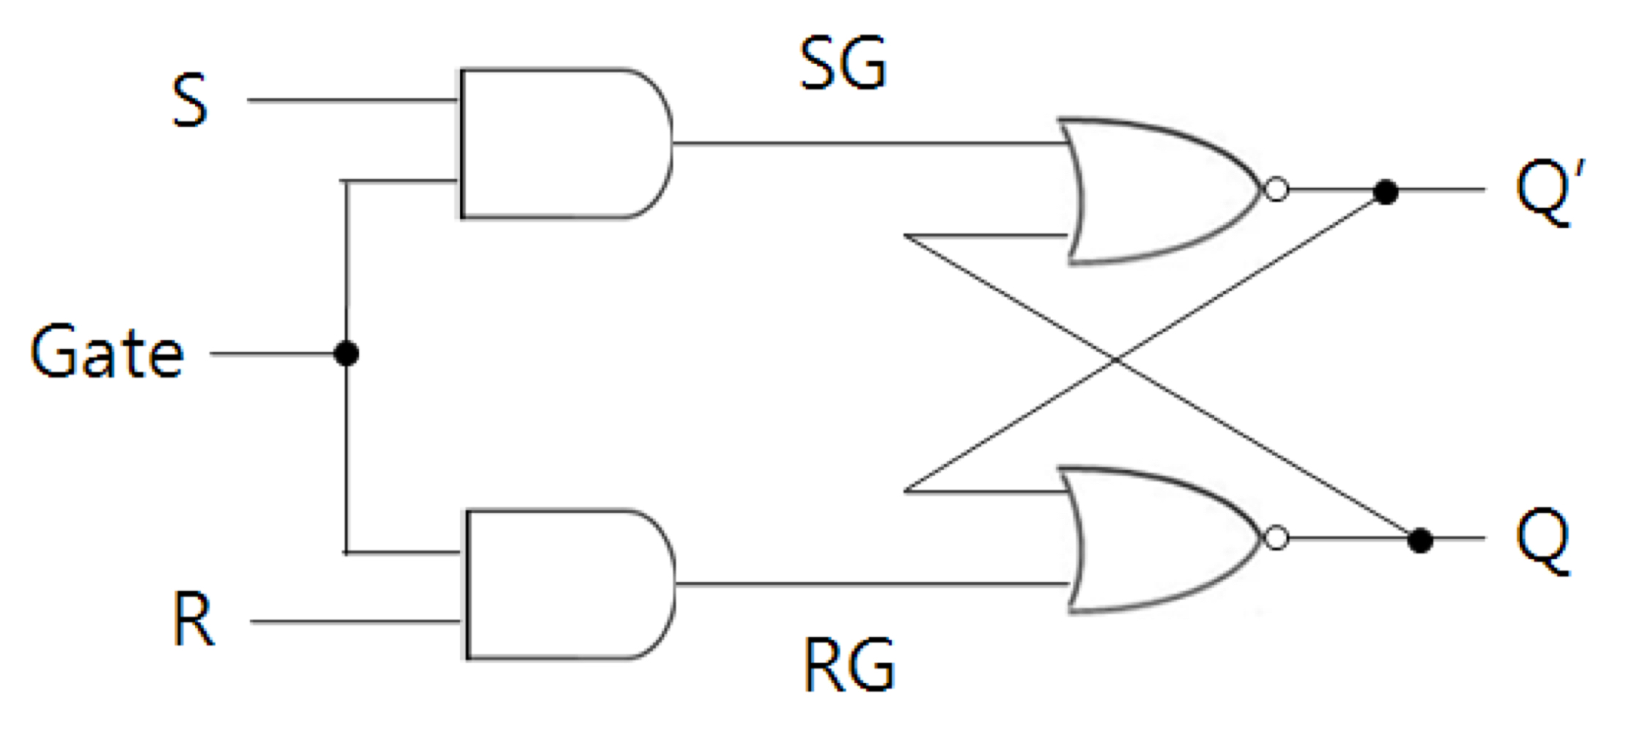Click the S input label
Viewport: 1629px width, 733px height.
tap(190, 101)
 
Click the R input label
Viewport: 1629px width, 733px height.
tap(193, 620)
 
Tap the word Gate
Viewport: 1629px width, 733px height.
tap(107, 353)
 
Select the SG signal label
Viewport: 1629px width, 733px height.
tap(843, 65)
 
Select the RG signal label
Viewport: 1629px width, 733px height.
tap(849, 665)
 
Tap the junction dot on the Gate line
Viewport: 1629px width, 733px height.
tap(346, 354)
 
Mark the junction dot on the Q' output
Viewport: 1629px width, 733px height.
tap(1385, 192)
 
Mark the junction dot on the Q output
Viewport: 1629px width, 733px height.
tap(1420, 541)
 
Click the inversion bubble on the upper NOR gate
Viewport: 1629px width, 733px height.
tap(1277, 190)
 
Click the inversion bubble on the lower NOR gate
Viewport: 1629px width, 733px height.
tap(1277, 539)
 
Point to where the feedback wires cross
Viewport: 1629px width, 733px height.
tap(1115, 359)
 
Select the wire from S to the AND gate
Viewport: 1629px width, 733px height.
tap(352, 100)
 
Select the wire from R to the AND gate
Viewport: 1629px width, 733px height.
tap(355, 622)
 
